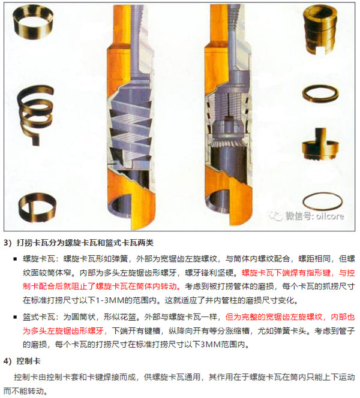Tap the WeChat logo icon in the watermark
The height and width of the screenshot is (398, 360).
point(276,216)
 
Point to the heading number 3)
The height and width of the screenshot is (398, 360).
point(8,243)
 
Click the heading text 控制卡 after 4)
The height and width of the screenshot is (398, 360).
point(28,361)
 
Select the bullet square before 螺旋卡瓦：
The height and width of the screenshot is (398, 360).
point(15,259)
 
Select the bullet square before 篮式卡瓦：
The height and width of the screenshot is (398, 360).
point(15,317)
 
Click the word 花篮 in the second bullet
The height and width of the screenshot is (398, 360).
point(128,317)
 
